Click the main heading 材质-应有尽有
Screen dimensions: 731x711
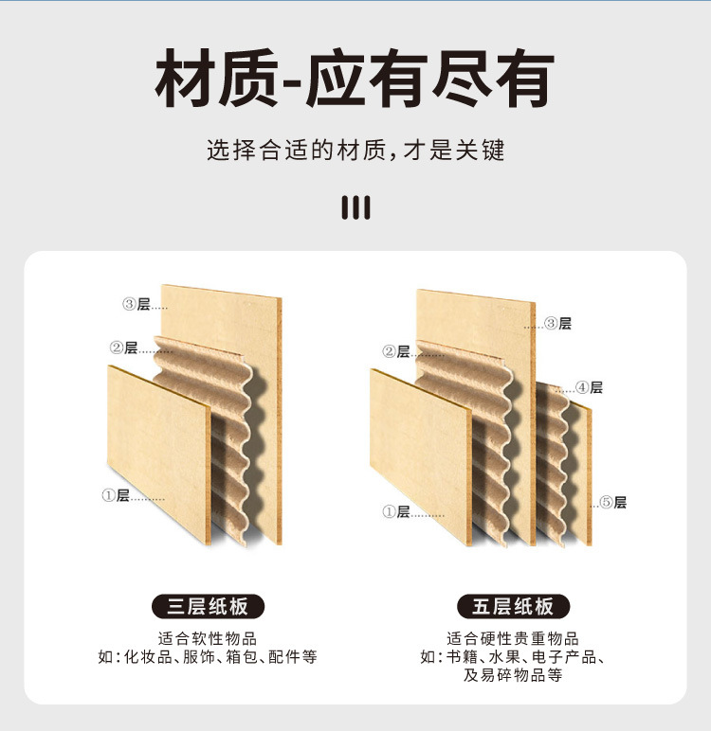click(355, 80)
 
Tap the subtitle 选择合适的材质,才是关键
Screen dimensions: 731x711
click(355, 151)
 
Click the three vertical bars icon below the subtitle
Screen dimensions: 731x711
click(355, 207)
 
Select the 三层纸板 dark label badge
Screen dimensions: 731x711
click(208, 606)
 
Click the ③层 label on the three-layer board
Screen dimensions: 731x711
click(137, 304)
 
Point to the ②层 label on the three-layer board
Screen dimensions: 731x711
click(124, 348)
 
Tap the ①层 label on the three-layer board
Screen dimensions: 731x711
click(116, 495)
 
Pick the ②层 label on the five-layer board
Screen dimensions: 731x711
click(396, 351)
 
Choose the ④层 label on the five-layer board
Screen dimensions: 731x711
click(589, 387)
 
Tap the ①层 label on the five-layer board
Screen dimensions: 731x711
click(396, 511)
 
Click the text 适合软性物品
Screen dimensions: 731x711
click(208, 638)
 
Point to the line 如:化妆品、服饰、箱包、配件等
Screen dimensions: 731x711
click(208, 657)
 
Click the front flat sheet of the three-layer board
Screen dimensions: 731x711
click(156, 445)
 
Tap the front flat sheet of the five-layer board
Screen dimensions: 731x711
click(419, 455)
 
